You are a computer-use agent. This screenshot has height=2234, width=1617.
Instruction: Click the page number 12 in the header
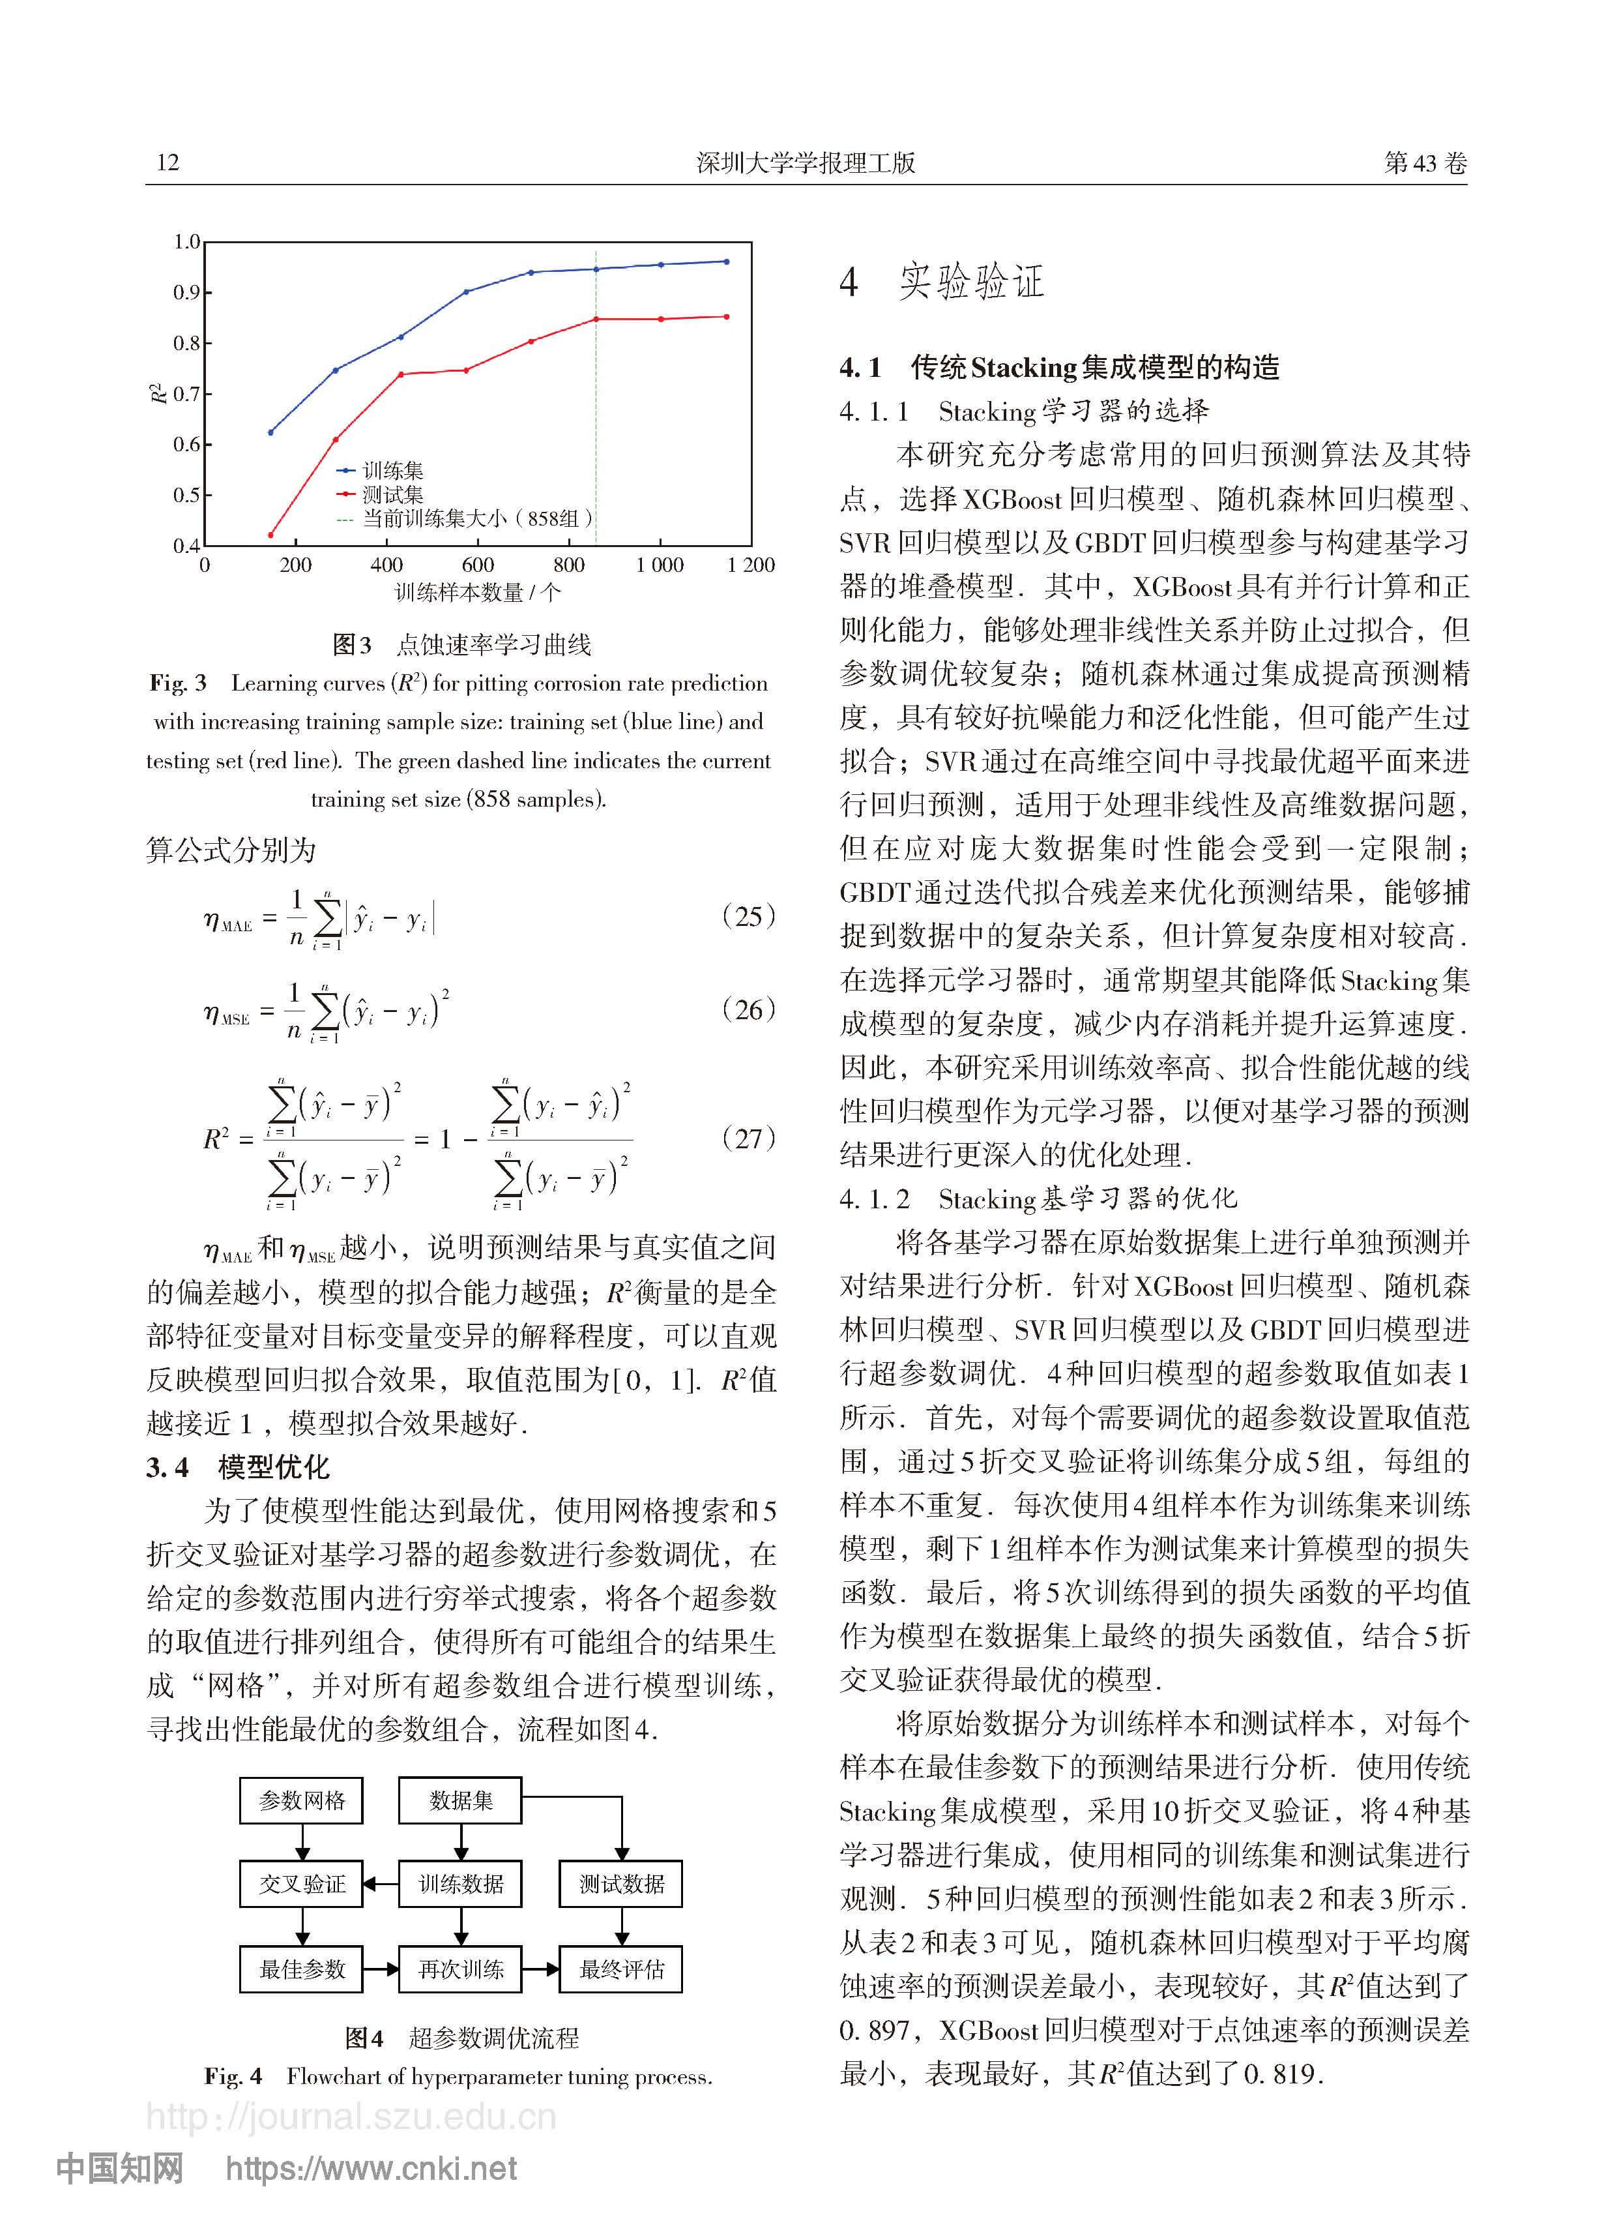(x=168, y=162)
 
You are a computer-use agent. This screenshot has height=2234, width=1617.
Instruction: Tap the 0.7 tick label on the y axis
(x=186, y=394)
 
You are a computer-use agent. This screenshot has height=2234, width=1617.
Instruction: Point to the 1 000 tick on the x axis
(x=660, y=565)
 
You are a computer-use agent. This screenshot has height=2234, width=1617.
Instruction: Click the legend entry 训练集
(x=392, y=471)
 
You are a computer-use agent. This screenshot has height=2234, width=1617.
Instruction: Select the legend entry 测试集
(x=392, y=494)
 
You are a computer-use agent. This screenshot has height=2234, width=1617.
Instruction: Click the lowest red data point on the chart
(x=271, y=535)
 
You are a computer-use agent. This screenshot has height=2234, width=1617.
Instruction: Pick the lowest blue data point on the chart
(x=271, y=432)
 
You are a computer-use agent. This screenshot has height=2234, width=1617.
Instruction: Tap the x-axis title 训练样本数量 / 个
(x=478, y=593)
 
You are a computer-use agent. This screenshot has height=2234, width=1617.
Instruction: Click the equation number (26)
(x=748, y=1009)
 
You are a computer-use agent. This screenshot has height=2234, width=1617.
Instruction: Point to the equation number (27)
(x=748, y=1138)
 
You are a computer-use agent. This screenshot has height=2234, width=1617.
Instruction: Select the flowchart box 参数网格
(x=301, y=1800)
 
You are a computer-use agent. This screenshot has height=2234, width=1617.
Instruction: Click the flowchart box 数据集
(x=460, y=1800)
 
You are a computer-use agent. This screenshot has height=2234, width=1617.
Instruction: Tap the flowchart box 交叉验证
(x=301, y=1884)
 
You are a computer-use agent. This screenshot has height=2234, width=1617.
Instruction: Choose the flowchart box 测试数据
(x=620, y=1884)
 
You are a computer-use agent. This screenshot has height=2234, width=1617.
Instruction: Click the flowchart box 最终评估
(x=620, y=1969)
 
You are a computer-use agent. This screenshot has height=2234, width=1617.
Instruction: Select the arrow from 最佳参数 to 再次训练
(x=380, y=1969)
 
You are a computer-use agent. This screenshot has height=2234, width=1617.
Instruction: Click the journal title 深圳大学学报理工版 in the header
(x=806, y=162)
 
